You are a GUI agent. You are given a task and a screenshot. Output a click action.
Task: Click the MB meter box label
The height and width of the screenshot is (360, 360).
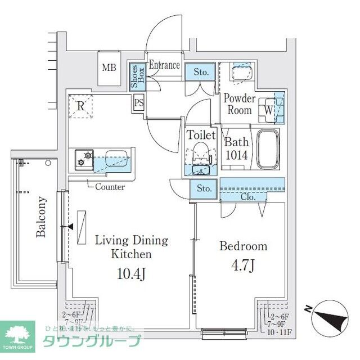coord(109,68)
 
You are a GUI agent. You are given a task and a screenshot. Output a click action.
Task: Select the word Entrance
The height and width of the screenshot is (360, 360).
coord(164,65)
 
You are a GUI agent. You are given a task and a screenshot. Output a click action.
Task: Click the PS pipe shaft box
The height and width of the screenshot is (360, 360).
coord(138,103)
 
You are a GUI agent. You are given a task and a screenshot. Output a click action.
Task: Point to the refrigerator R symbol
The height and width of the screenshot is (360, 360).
coord(80,105)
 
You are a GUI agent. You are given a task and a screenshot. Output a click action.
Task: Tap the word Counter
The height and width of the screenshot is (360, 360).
coord(110,187)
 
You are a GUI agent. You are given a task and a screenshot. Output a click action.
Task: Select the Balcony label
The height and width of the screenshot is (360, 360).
coord(41,217)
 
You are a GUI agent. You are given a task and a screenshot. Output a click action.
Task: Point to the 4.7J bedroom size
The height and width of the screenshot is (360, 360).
coord(242,265)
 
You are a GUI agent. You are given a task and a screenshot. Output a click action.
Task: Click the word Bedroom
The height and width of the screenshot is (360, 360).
coord(243,246)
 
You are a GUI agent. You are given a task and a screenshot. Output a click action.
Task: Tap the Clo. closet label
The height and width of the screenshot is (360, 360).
coord(248,197)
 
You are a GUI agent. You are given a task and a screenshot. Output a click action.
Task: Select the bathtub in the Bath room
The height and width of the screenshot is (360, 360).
coord(268,150)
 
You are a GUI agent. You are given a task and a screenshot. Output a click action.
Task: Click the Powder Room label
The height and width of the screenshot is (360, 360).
coord(240,104)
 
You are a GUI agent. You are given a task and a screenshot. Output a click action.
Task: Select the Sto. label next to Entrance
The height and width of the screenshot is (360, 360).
coord(201,72)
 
